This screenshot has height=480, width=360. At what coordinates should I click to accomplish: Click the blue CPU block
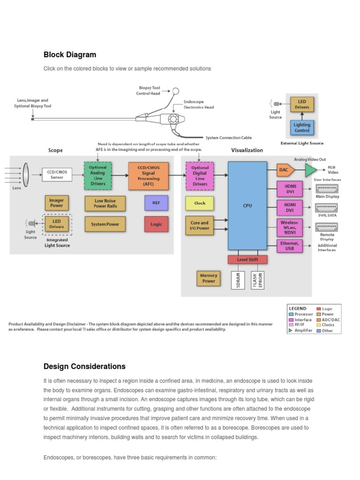(x=247, y=206)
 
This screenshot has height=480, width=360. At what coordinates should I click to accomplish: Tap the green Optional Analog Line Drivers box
(x=97, y=175)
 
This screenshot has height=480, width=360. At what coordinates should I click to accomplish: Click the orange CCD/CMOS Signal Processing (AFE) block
(x=148, y=175)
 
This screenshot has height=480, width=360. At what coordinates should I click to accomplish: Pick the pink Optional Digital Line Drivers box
(x=200, y=175)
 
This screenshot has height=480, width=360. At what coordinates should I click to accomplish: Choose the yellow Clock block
(x=200, y=203)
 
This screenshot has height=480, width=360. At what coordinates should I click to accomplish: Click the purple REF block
(x=156, y=203)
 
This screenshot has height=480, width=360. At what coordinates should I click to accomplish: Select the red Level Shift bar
(x=247, y=259)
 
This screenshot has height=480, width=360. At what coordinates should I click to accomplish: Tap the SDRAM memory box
(x=238, y=280)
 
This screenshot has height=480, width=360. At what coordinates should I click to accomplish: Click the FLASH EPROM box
(x=258, y=280)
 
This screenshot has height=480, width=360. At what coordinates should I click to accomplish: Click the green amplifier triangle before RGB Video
(x=310, y=169)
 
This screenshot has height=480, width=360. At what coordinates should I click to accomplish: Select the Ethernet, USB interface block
(x=289, y=246)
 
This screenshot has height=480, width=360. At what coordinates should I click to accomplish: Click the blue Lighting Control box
(x=302, y=127)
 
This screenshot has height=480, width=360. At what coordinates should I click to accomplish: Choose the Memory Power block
(x=209, y=278)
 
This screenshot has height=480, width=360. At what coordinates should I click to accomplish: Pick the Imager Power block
(x=56, y=203)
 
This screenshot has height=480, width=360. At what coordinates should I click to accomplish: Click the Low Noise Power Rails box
(x=105, y=203)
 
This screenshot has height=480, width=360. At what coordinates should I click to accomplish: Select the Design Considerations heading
(x=84, y=367)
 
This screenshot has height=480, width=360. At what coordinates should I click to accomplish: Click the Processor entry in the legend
(x=303, y=314)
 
